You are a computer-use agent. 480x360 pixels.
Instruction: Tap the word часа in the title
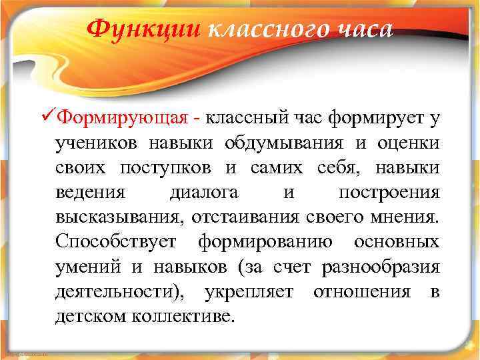click(x=359, y=30)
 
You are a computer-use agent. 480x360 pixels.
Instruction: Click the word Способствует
click(x=117, y=241)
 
